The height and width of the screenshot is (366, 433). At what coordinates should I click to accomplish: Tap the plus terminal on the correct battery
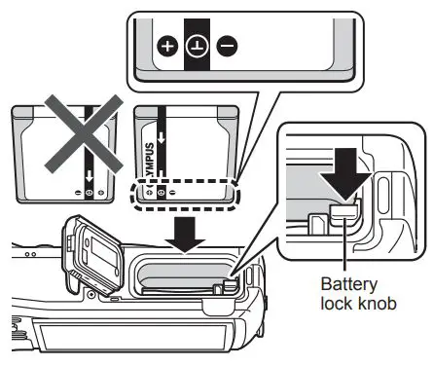tap(147, 193)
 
